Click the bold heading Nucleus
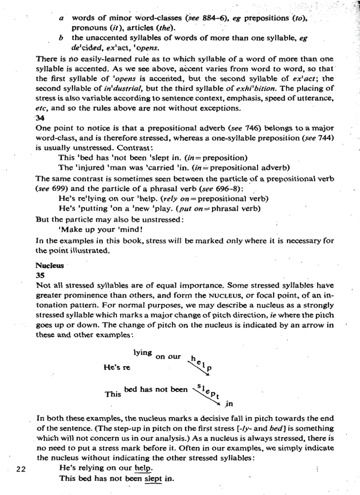click(x=49, y=266)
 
